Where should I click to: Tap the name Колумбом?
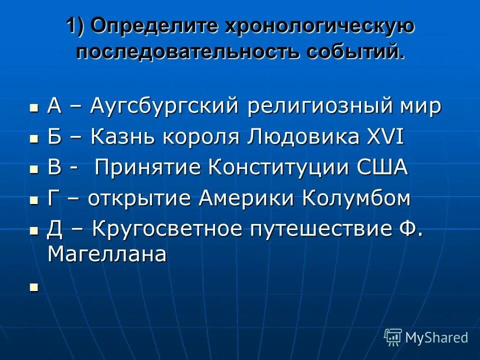[x=355, y=198]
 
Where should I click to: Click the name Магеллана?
[x=106, y=255]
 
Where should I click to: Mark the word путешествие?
[x=313, y=229]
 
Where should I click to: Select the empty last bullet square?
[x=34, y=286]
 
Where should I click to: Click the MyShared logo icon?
[x=393, y=337]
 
